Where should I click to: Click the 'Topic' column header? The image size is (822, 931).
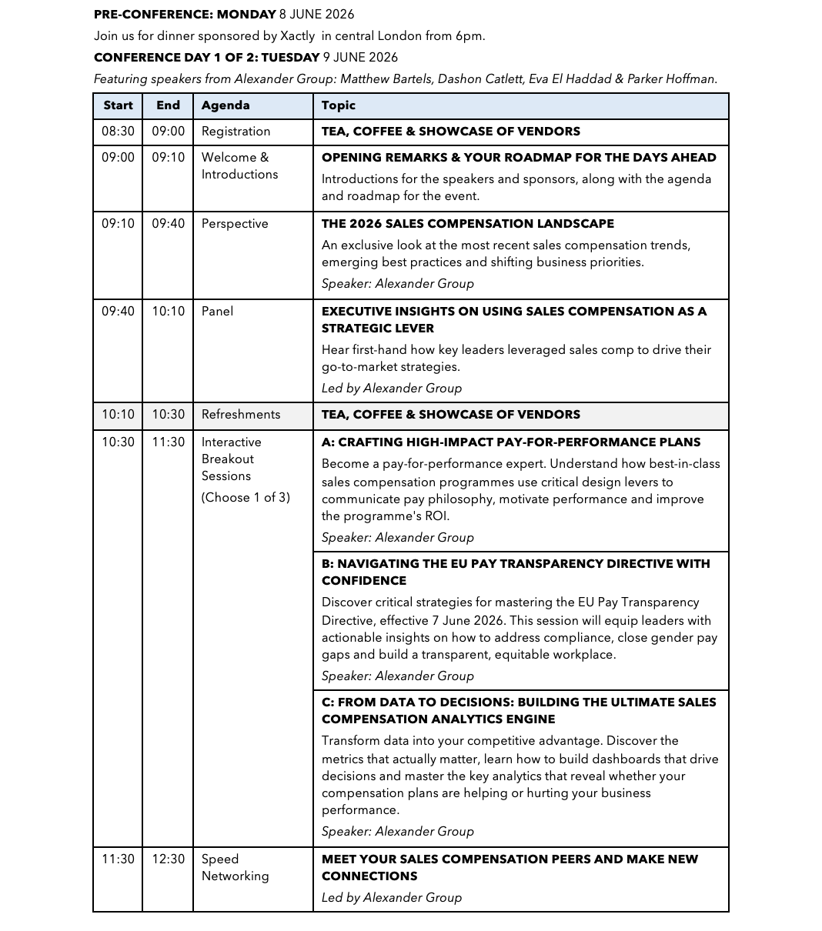(339, 105)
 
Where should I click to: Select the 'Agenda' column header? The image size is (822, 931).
(226, 105)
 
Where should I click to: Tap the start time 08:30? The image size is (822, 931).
(118, 132)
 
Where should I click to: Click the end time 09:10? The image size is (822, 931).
(168, 158)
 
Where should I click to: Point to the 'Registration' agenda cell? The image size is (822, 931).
(236, 132)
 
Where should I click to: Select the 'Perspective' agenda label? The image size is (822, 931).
(235, 224)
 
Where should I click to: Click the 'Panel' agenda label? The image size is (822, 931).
(217, 312)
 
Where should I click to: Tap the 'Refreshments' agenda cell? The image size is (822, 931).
(241, 415)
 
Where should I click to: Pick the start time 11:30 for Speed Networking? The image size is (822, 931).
(118, 859)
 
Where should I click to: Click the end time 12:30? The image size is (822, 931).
(168, 859)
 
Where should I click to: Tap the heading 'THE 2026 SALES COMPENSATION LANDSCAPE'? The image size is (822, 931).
(467, 224)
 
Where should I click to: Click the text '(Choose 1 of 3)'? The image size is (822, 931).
(246, 498)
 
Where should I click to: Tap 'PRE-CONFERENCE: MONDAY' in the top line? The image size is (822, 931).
(185, 15)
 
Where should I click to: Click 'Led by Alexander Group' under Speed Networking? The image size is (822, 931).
(392, 898)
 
